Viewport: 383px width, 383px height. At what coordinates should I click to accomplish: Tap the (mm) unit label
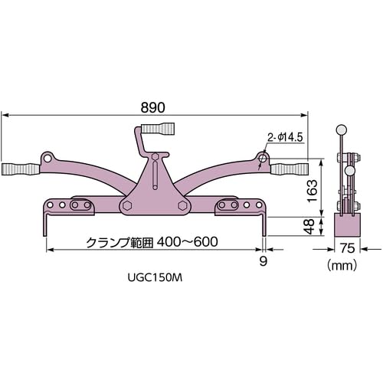coord(341,266)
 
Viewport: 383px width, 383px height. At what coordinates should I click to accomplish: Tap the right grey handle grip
coord(290,167)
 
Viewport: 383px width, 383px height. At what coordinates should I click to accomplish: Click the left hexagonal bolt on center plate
coord(127,205)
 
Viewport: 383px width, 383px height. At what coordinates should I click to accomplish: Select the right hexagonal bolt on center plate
coord(182,205)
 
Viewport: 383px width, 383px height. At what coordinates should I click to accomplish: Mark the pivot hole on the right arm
coord(262,159)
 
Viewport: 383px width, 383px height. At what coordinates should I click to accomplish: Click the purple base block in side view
coord(349,225)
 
